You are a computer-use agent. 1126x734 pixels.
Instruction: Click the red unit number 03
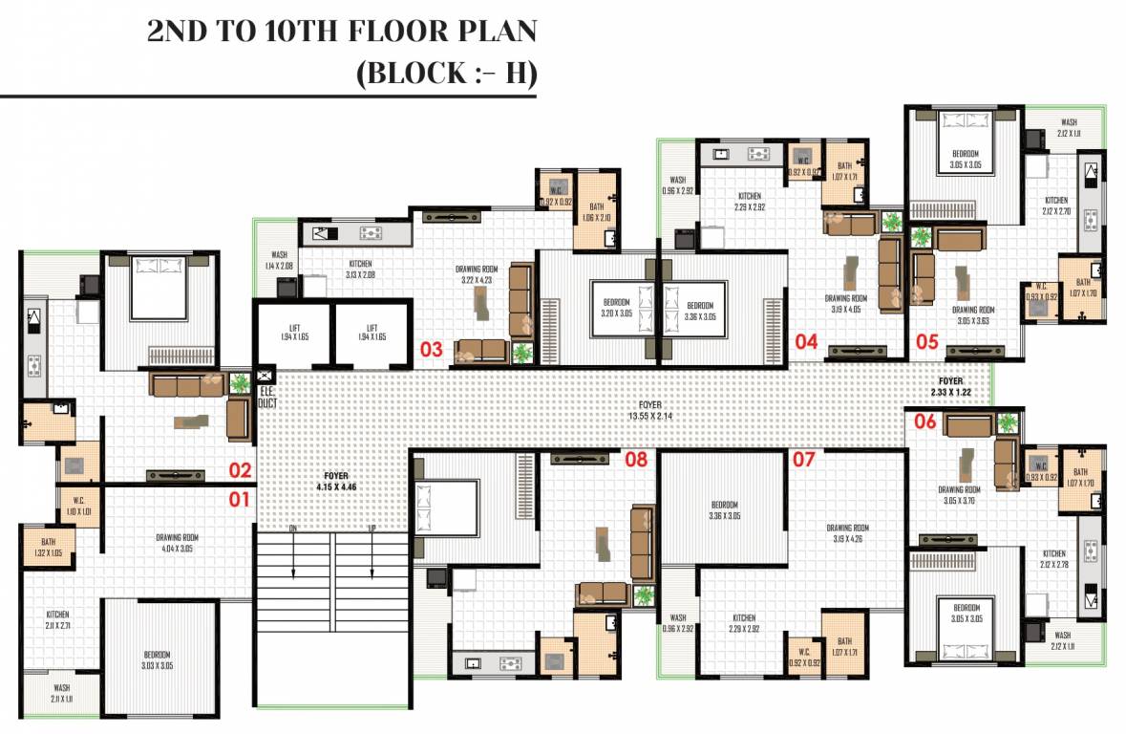click(x=432, y=350)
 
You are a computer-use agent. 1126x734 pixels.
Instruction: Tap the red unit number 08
click(x=636, y=460)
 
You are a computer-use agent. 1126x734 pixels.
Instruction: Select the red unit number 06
click(x=924, y=421)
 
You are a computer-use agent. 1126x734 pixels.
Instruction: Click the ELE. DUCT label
click(x=266, y=397)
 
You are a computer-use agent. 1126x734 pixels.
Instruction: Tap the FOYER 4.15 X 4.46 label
click(x=335, y=481)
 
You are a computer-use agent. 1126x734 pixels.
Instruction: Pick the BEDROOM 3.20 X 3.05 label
click(x=616, y=309)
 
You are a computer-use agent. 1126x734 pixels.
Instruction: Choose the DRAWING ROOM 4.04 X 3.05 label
click(x=178, y=543)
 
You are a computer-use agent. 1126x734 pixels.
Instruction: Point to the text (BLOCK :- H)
click(x=445, y=75)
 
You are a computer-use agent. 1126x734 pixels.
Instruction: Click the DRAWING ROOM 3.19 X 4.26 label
click(x=847, y=533)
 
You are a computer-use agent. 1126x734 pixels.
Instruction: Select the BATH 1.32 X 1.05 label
click(x=48, y=548)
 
